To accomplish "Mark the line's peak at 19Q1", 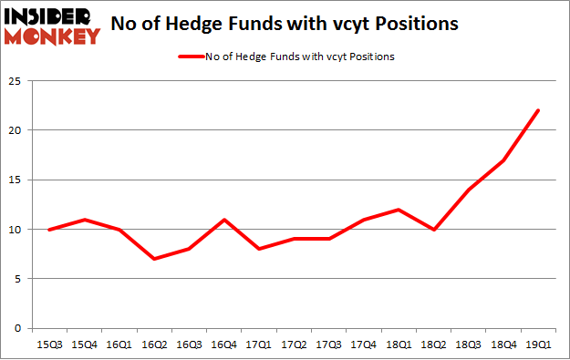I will click(538, 110).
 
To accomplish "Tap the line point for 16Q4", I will click(223, 220).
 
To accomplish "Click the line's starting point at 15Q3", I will click(48, 230).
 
